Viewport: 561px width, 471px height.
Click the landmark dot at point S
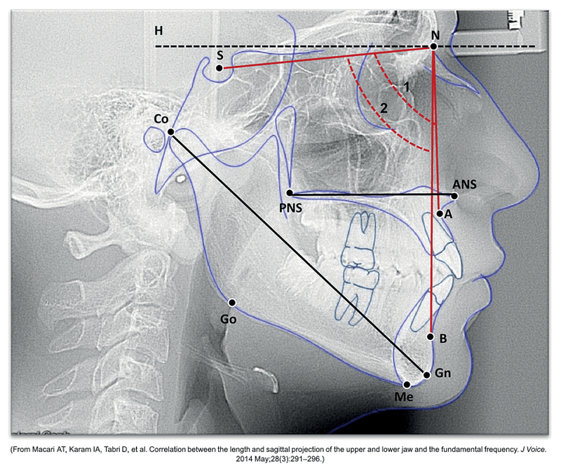coord(219,68)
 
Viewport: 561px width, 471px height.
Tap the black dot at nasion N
coord(433,46)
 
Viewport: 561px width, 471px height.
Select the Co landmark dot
coord(170,132)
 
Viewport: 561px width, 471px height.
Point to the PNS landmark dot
coord(290,193)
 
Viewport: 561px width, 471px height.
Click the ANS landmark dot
coord(454,196)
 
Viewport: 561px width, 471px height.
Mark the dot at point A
coord(440,214)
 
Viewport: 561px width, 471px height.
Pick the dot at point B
coord(431,337)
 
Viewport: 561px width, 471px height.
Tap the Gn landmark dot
coord(426,375)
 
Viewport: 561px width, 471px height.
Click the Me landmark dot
coord(407,385)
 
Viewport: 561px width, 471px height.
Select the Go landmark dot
coord(232,303)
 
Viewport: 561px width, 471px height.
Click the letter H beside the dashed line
coord(158,31)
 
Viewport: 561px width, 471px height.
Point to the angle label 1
coord(407,86)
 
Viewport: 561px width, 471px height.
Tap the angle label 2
coord(384,108)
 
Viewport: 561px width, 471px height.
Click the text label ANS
coord(464,184)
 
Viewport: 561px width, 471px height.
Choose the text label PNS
coord(290,207)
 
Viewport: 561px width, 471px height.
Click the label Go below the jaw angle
coord(229,319)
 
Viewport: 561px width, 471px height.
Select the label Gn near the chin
coord(443,373)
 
